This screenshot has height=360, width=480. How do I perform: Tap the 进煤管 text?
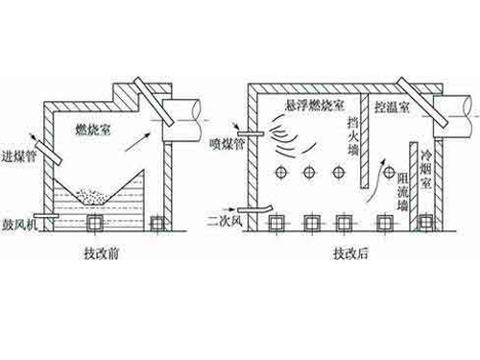click(20, 156)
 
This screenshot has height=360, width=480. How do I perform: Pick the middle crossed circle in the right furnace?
click(310, 172)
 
